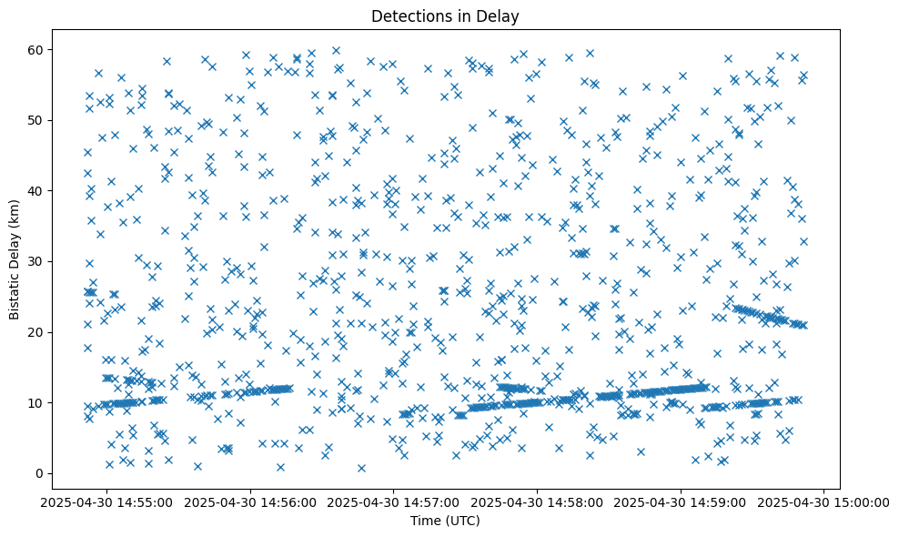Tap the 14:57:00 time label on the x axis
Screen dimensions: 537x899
click(x=394, y=502)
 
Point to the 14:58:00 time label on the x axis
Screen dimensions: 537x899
click(x=538, y=502)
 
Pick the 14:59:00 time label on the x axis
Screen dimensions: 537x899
click(x=682, y=502)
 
